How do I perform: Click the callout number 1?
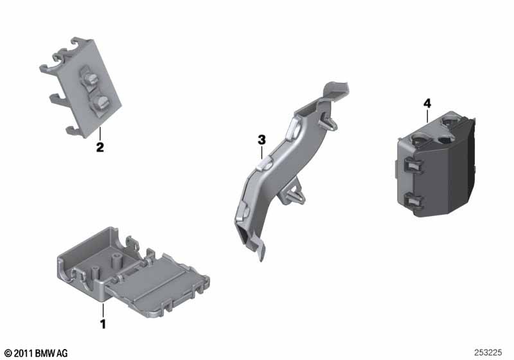pos(103,324)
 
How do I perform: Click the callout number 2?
pos(100,147)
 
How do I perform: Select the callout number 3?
pos(261,140)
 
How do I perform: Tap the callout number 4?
pos(427,104)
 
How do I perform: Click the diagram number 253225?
pos(488,352)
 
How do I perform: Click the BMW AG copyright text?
pos(36,353)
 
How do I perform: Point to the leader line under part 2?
pos(100,134)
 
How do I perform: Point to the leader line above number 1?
pos(103,310)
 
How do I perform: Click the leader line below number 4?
pos(427,116)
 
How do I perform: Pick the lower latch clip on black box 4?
pos(414,201)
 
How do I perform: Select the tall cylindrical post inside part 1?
pos(117,260)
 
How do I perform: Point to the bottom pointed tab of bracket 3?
pos(261,251)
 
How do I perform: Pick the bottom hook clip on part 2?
pos(74,130)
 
